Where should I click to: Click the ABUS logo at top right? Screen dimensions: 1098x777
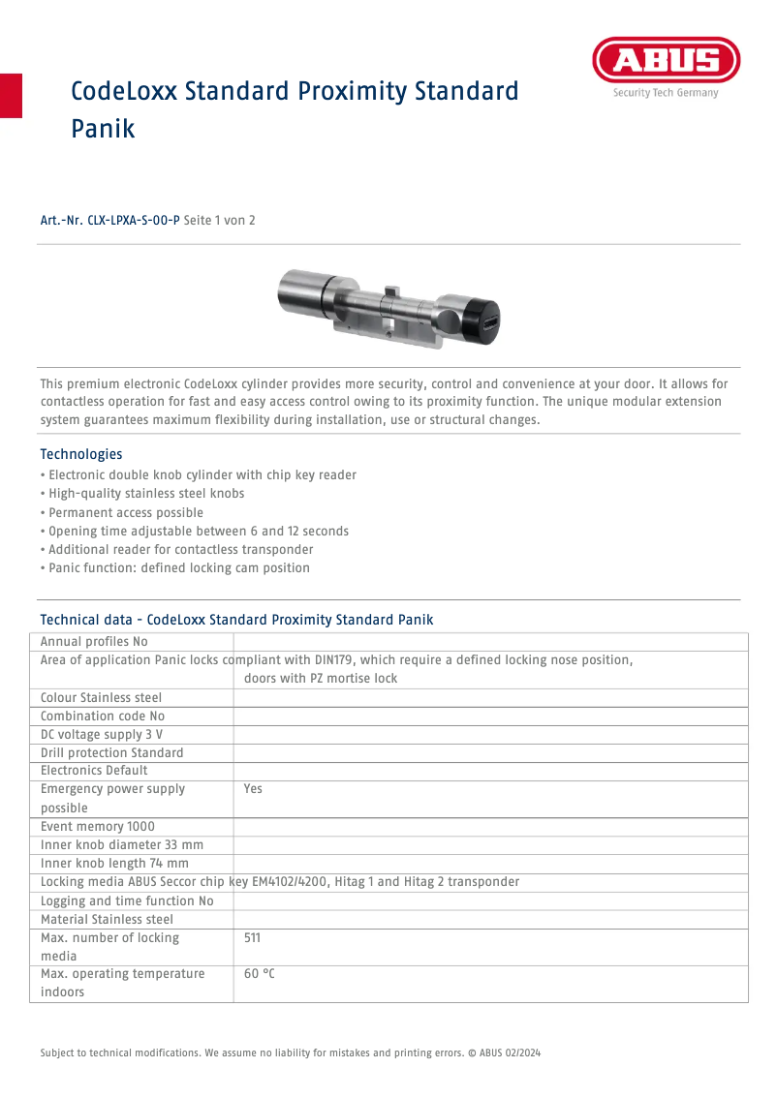(x=666, y=62)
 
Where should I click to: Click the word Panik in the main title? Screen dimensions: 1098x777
(x=103, y=128)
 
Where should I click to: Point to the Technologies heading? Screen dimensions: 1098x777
(x=80, y=454)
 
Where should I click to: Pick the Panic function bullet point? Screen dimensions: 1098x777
(x=178, y=567)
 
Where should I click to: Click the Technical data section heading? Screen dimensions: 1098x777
(x=236, y=620)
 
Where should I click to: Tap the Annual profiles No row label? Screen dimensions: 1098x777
(x=94, y=642)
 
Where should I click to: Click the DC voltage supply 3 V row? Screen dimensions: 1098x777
(x=102, y=734)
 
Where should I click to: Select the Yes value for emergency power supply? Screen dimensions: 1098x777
(x=253, y=789)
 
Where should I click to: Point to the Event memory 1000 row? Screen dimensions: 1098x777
(x=97, y=827)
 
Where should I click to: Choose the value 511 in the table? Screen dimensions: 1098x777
(x=252, y=938)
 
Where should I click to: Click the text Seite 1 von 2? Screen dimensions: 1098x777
(x=219, y=221)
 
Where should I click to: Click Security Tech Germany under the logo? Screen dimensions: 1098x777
(x=665, y=94)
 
